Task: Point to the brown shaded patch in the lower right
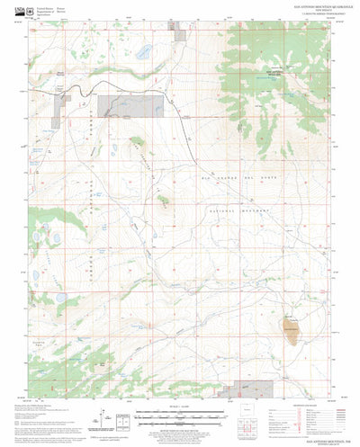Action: [x=290, y=325]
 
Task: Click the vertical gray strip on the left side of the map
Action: [x=60, y=109]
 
